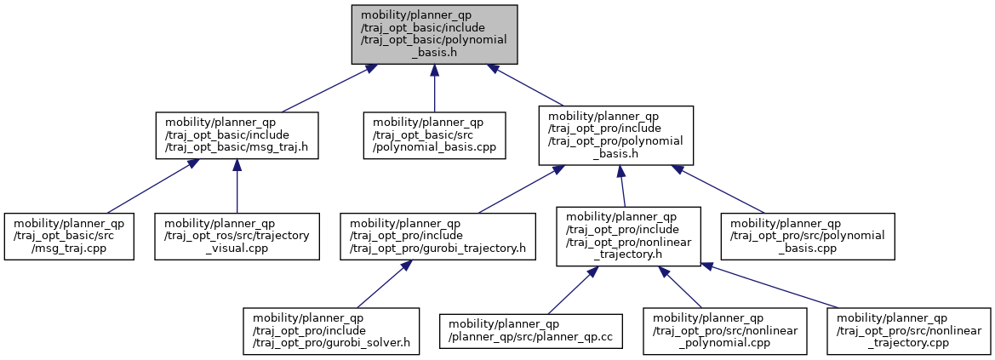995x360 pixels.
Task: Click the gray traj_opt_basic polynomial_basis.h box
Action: [x=435, y=34]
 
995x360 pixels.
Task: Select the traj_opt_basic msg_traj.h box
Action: [x=237, y=135]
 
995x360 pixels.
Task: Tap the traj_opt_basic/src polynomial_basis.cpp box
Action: [x=434, y=135]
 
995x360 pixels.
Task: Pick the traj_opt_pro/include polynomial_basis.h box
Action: [x=615, y=136]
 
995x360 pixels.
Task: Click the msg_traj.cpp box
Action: [x=69, y=237]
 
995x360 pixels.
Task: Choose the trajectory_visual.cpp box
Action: [x=237, y=237]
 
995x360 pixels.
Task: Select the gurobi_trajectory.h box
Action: [x=437, y=237]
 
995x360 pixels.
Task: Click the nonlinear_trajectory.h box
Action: [x=628, y=237]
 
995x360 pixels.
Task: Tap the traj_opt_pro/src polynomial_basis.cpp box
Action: [x=807, y=237]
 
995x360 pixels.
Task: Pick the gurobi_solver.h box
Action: [x=331, y=331]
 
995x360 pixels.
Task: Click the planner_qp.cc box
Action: [x=531, y=331]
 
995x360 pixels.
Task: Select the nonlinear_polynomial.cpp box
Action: [x=724, y=331]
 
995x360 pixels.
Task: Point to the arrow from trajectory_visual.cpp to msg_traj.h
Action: [x=237, y=186]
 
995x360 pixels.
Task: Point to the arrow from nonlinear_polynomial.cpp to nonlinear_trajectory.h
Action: [x=679, y=287]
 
